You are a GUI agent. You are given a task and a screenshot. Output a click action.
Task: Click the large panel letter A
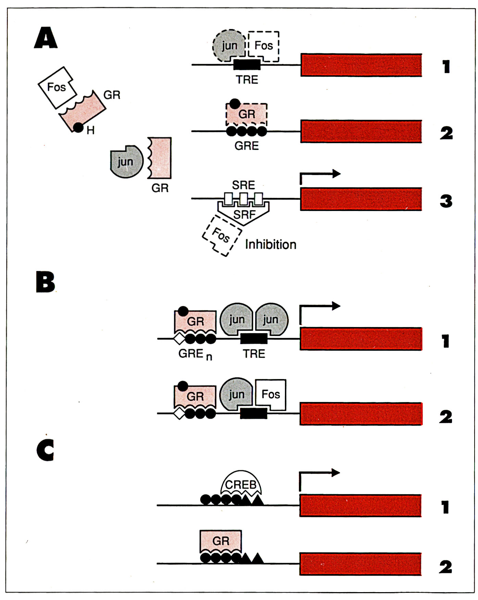[46, 38]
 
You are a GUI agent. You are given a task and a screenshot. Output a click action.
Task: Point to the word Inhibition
[271, 245]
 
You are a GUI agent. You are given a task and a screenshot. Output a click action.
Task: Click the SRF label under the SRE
[244, 214]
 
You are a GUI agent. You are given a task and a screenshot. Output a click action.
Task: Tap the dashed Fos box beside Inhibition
[222, 236]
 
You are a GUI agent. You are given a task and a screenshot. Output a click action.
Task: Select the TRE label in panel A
[247, 80]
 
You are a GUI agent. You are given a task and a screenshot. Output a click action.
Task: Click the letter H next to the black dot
[90, 130]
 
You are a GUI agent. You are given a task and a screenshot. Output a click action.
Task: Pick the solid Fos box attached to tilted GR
[57, 87]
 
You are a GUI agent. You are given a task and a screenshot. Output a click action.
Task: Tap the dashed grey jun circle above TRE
[229, 45]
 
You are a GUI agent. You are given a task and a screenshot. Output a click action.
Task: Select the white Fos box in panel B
[271, 395]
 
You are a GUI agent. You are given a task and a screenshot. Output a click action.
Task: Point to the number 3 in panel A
[446, 201]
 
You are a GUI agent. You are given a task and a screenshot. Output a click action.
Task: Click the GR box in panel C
[221, 542]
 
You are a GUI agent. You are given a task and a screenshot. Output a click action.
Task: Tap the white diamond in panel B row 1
[179, 339]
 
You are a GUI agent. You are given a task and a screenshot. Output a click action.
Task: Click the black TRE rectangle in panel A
[247, 64]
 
